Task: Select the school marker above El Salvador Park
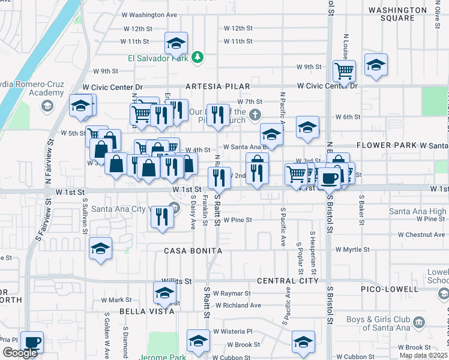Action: [176, 43]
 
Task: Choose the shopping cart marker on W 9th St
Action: [345, 71]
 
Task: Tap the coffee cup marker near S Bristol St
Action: [329, 178]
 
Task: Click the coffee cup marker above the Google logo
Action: [32, 342]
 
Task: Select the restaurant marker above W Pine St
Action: [161, 217]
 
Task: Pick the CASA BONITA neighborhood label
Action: [193, 250]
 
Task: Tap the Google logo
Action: [19, 353]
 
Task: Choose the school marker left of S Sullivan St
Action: [101, 248]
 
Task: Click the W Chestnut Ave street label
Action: [415, 235]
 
